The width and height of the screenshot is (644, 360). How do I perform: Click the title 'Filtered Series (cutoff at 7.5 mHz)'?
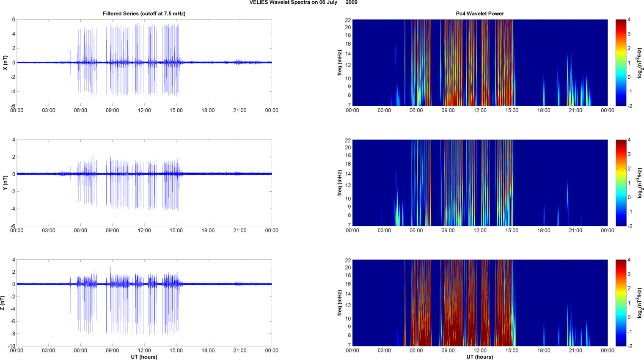[x=144, y=14]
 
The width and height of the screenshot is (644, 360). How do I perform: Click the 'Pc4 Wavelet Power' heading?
[x=480, y=14]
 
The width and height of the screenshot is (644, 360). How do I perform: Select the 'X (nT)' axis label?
[x=5, y=63]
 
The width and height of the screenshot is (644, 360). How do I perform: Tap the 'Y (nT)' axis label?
[x=5, y=183]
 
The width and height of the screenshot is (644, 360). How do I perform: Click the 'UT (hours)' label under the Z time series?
[x=144, y=357]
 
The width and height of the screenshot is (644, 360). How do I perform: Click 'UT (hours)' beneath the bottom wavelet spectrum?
[x=480, y=357]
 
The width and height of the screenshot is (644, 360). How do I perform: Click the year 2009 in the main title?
[x=351, y=3]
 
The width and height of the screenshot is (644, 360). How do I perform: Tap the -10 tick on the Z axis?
[x=11, y=346]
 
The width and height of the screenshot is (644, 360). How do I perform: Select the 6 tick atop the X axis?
[x=14, y=19]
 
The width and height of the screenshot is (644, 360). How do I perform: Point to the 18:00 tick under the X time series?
[x=208, y=110]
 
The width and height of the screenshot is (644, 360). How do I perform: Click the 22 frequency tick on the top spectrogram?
[x=348, y=20]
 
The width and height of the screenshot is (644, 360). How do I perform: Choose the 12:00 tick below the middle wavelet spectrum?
[x=480, y=231]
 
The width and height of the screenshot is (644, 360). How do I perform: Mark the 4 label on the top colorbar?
[x=629, y=20]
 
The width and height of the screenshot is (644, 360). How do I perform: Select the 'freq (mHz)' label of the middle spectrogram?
[x=340, y=183]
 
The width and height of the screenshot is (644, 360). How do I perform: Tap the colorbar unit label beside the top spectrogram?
[x=640, y=63]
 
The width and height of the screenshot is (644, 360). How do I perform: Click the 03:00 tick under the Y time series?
[x=49, y=231]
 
